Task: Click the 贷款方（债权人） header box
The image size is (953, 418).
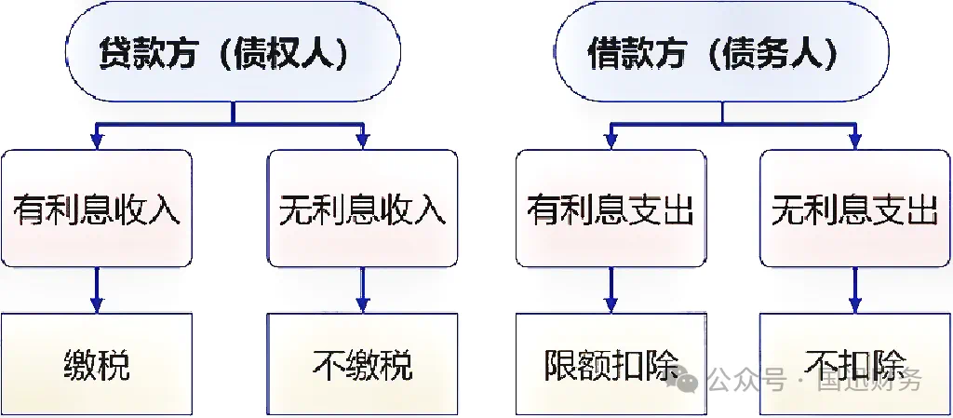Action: point(232,53)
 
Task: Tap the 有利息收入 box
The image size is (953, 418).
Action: point(96,209)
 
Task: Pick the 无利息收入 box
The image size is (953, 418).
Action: point(363,209)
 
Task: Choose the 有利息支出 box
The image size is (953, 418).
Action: point(611,209)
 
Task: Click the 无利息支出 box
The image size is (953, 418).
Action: point(854,209)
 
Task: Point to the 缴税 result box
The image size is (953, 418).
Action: point(96,364)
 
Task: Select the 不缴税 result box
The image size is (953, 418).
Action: point(363,364)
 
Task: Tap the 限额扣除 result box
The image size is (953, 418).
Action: point(611,364)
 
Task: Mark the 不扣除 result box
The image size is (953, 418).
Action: point(854,364)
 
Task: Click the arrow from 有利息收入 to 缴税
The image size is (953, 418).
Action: point(96,290)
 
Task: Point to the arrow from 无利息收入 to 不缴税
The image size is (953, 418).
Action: point(363,290)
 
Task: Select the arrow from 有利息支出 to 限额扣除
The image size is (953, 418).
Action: point(611,290)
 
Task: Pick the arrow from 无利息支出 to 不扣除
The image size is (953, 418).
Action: point(854,290)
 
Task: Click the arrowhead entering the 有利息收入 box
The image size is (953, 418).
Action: point(96,142)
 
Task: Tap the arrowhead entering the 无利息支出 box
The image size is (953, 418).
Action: point(854,142)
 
